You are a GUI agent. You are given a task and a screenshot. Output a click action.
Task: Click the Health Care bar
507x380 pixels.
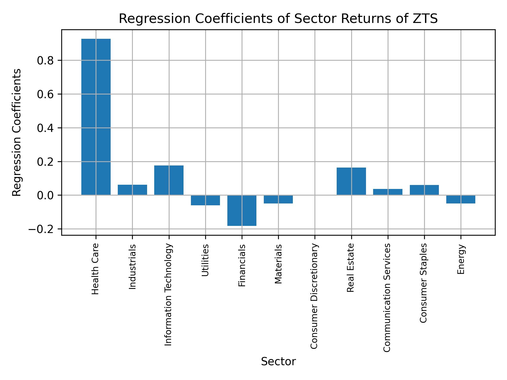[96, 117]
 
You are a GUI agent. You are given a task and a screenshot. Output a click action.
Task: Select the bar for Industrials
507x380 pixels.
[132, 190]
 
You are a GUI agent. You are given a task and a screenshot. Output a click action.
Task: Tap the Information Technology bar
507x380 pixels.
[169, 180]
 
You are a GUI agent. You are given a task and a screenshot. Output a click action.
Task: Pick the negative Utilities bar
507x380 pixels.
[205, 200]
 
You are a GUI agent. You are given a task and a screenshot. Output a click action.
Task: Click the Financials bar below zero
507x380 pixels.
[242, 210]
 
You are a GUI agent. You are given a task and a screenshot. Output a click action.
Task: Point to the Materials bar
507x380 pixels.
[278, 199]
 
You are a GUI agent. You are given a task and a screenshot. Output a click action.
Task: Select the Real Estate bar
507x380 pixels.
[351, 181]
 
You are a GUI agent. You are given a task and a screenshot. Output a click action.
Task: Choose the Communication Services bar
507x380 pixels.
[388, 192]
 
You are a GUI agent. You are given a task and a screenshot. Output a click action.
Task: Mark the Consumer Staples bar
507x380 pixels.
[424, 190]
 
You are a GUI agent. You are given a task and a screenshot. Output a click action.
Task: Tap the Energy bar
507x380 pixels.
[461, 199]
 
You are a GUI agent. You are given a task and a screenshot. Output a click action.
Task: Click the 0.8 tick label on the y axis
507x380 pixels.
[45, 61]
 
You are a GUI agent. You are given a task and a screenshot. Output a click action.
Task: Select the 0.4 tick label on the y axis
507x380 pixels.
[45, 128]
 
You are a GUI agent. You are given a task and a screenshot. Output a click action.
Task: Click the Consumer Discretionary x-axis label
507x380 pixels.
[314, 296]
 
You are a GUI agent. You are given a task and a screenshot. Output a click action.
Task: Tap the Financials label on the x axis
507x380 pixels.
[242, 265]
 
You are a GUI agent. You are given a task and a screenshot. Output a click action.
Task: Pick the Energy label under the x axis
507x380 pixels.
[461, 259]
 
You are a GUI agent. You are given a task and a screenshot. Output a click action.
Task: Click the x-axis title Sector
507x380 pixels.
[278, 362]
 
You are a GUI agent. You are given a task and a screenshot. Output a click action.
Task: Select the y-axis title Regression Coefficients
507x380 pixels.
[17, 132]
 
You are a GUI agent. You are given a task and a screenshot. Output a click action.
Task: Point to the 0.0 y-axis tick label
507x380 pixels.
[45, 196]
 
